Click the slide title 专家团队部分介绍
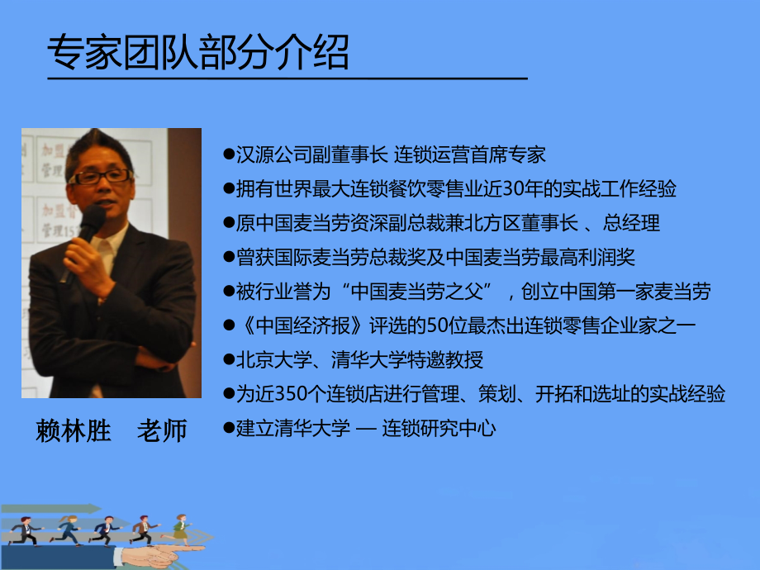coord(198,53)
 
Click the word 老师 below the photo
coord(162,430)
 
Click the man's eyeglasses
coord(102,176)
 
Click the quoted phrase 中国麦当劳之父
coord(420,292)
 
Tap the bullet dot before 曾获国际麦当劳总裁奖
coord(229,258)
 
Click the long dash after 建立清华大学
coord(366,430)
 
